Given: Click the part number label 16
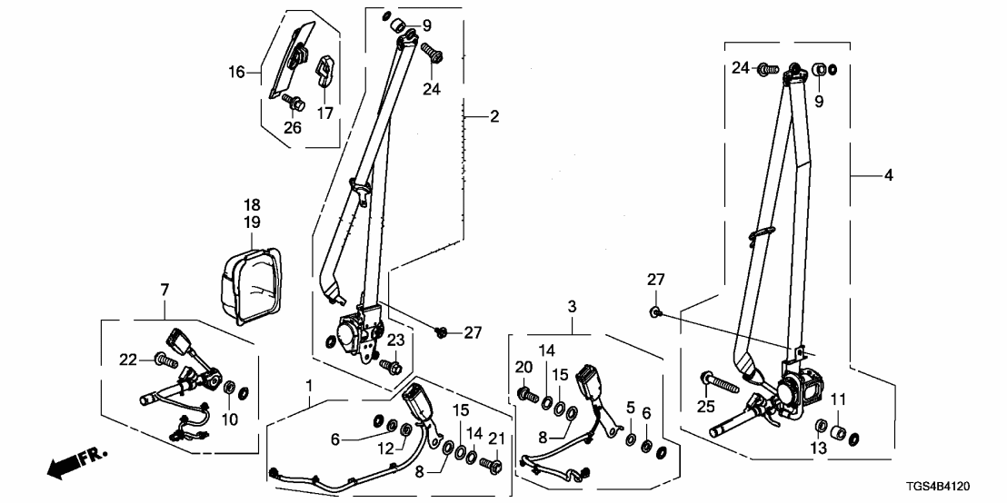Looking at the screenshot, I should tap(236, 71).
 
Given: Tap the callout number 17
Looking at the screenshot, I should tap(324, 113).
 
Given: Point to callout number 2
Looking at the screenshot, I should tap(494, 116).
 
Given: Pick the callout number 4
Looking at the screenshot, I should tap(887, 174).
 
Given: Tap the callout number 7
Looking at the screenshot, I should tap(165, 290).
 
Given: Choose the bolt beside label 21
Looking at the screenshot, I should tap(492, 466).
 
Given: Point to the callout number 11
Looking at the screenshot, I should tap(837, 398).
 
